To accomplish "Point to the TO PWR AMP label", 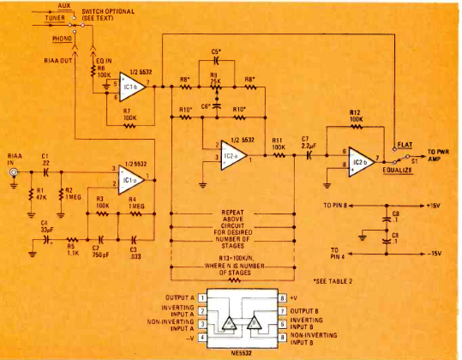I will click(437, 155).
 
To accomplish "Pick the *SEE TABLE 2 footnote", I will click(332, 280).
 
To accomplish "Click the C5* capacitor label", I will click(216, 51).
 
